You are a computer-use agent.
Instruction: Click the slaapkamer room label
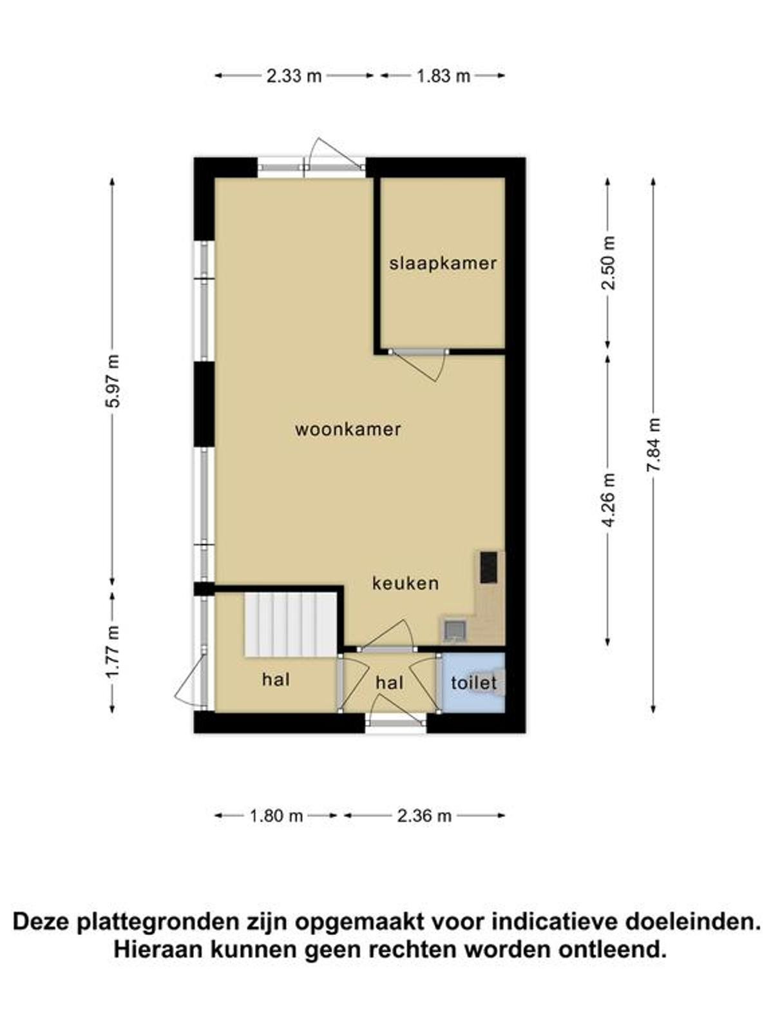tap(443, 264)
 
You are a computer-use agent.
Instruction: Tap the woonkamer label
tap(348, 429)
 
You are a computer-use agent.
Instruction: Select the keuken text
tap(406, 583)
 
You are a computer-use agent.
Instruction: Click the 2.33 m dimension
tap(294, 75)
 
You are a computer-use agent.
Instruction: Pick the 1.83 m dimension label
tap(444, 75)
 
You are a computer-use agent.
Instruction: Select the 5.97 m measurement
tap(113, 381)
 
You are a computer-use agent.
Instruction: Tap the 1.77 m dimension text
tap(113, 652)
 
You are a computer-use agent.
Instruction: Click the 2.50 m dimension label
tap(609, 263)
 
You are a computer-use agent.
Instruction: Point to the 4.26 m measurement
tap(609, 500)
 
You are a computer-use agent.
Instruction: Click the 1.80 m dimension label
tap(276, 816)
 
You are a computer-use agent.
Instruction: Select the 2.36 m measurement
tap(425, 816)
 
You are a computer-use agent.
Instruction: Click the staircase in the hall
tap(291, 624)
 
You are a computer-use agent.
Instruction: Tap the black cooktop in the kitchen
tap(488, 567)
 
